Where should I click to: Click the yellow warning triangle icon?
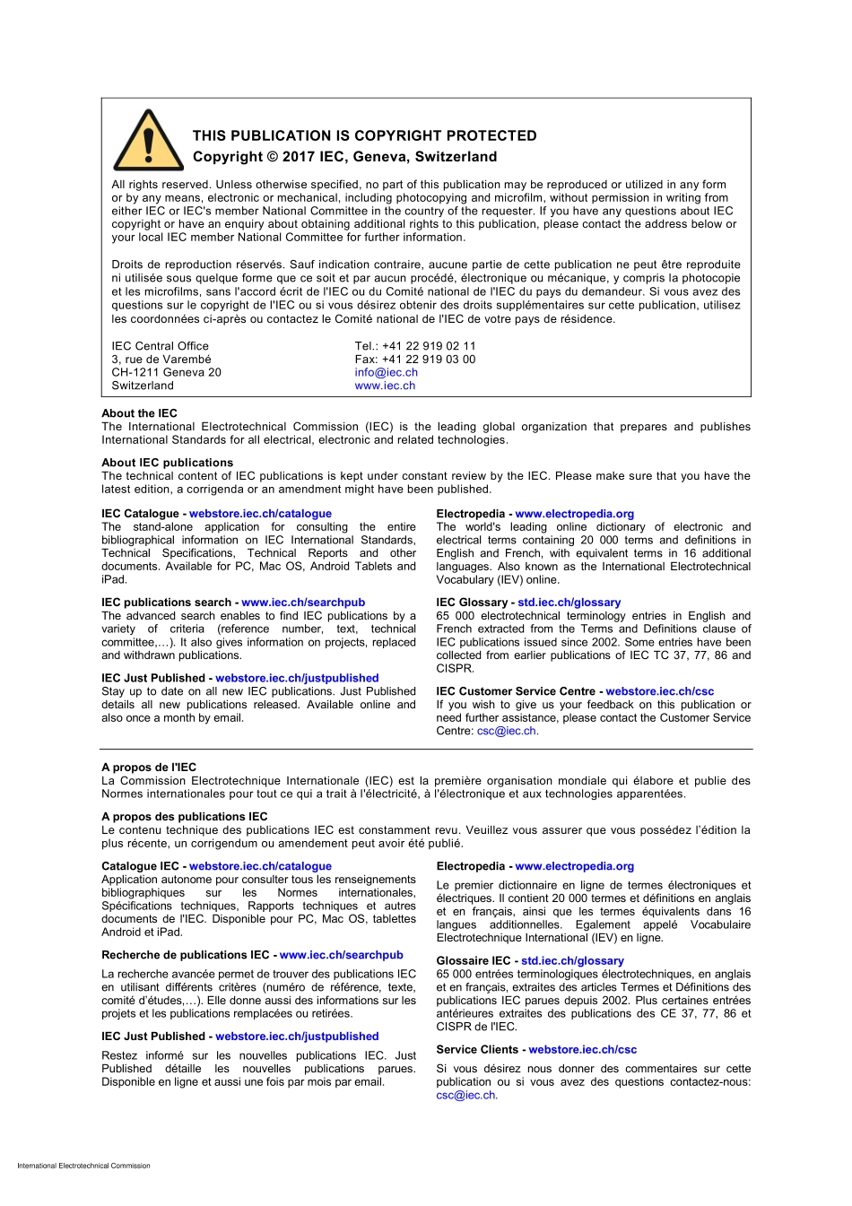[149, 143]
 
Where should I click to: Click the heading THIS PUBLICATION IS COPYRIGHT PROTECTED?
[364, 135]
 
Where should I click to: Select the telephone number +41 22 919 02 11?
[429, 345]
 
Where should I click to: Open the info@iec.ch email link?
[386, 372]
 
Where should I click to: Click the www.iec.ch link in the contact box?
[385, 386]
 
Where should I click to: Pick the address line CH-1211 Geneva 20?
[166, 372]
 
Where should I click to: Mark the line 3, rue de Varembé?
[161, 359]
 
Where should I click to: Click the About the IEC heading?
[139, 413]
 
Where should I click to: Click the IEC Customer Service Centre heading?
[516, 691]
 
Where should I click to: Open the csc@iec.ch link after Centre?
[507, 731]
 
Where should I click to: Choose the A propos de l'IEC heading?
[149, 768]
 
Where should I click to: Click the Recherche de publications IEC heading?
[185, 955]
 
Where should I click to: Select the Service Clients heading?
[477, 1049]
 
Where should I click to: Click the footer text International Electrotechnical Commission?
[83, 1166]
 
